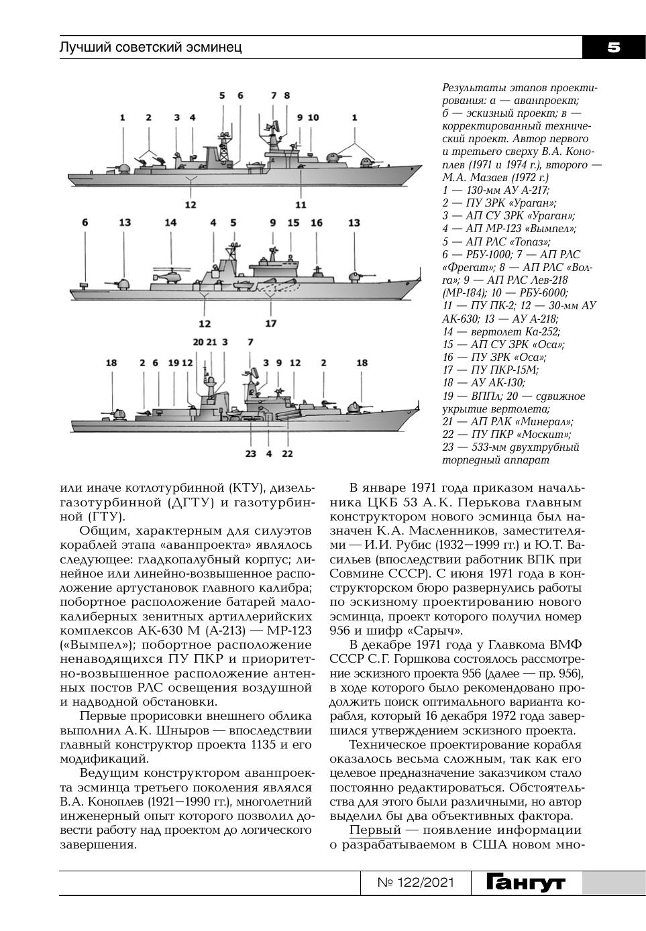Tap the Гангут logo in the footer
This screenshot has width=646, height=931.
[526, 883]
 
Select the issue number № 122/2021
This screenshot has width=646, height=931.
[416, 883]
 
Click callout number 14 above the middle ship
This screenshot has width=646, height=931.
[170, 223]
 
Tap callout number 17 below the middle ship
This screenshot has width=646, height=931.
[270, 323]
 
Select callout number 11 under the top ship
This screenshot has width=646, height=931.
[301, 205]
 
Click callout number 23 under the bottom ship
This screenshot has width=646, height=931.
[250, 453]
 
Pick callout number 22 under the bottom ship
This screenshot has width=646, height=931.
[287, 453]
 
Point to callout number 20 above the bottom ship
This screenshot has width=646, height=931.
[198, 342]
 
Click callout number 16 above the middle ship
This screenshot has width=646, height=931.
[317, 223]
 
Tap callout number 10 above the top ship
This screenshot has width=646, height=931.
[313, 117]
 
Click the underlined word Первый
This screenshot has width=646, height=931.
[375, 830]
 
